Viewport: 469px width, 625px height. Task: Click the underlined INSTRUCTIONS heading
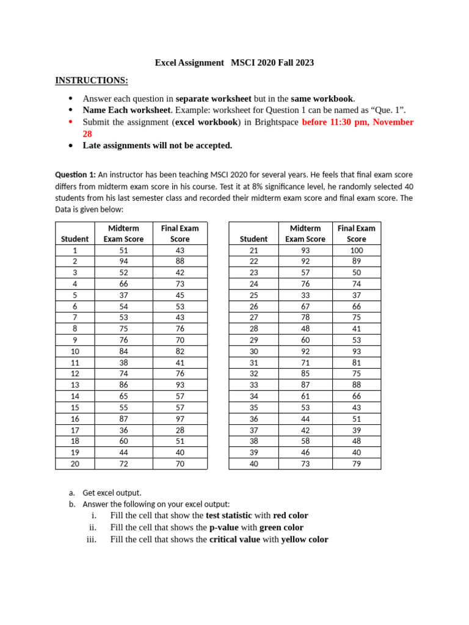click(92, 81)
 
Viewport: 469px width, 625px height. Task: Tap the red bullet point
click(71, 122)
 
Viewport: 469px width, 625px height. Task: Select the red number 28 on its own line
click(87, 134)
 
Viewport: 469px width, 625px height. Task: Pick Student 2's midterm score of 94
click(123, 261)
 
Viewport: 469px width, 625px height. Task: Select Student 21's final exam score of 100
click(356, 250)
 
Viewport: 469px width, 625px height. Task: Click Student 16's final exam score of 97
click(180, 418)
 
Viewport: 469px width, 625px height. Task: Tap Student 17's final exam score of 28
click(180, 430)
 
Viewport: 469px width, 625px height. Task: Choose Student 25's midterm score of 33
click(305, 295)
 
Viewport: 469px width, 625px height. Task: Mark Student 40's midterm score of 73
click(305, 463)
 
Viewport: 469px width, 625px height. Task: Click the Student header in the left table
click(75, 239)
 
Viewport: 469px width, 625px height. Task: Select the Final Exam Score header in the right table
click(356, 233)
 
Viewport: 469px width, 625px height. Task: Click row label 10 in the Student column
click(75, 351)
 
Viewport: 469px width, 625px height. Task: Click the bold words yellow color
click(304, 540)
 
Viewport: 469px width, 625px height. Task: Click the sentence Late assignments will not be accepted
click(157, 145)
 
